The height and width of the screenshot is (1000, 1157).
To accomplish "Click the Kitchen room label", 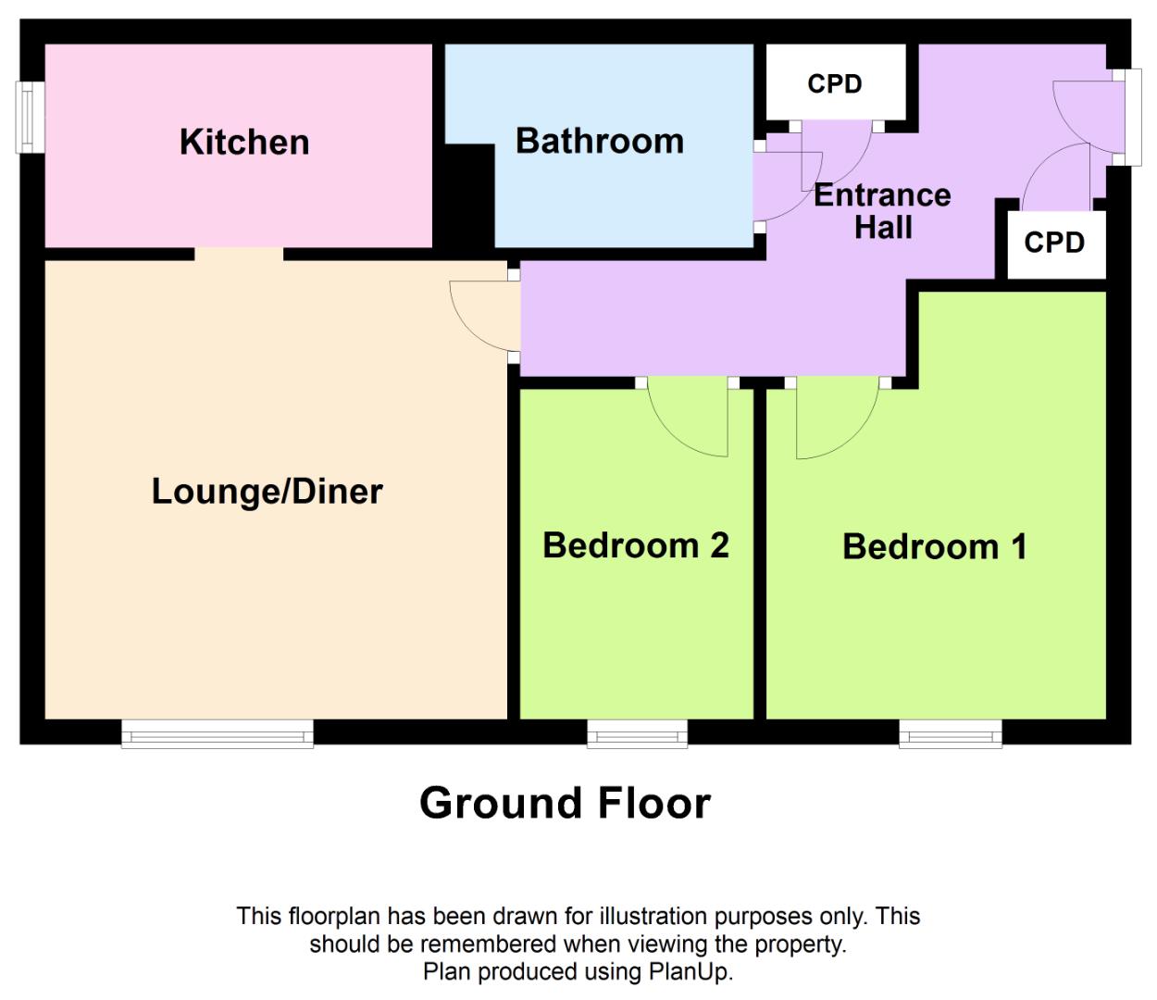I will coord(244,143).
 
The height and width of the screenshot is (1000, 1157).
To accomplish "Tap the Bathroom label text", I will coord(600,142).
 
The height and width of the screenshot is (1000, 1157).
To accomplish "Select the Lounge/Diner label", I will coord(267,492).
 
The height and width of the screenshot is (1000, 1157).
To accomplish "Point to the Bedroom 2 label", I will coord(635,545).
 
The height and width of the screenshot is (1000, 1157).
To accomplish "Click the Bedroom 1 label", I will coord(934,547).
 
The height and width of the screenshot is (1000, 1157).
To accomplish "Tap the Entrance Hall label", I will coord(882,211).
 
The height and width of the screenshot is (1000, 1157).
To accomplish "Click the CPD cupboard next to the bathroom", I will coord(835,83).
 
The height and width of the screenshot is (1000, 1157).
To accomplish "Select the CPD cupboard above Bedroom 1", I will coord(1054,243).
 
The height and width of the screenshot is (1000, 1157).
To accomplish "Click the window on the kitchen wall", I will coord(30,118).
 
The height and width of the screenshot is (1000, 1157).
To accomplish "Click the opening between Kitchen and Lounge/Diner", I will coord(239,254).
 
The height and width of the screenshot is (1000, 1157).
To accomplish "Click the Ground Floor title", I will coord(565,803).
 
